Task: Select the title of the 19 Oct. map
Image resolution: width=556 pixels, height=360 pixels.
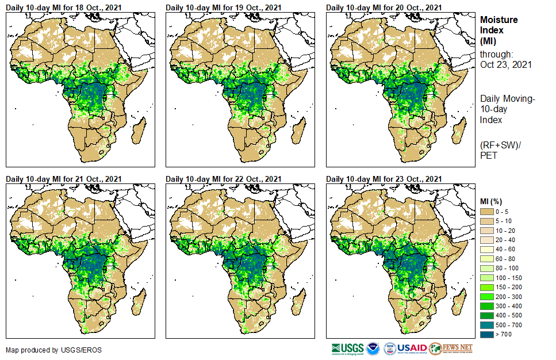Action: pos(224,7)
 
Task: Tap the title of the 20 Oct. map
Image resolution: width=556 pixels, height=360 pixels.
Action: pos(384,7)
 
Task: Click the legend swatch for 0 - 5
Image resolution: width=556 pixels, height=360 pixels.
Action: pos(487,212)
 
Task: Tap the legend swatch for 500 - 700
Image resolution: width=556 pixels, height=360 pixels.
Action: pos(487,324)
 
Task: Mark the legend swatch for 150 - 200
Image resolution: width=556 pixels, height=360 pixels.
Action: pos(487,287)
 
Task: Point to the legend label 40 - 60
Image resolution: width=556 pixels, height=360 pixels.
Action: pos(505,250)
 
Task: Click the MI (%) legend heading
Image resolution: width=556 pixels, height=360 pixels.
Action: pos(492,201)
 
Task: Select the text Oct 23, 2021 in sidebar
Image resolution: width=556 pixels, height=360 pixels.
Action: pos(505,64)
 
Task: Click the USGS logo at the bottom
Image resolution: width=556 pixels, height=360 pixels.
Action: pos(347,348)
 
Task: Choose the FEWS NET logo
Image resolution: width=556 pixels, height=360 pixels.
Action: pos(451,348)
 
